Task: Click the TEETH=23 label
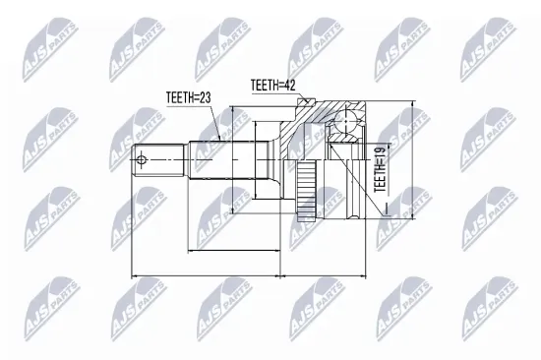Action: click(187, 96)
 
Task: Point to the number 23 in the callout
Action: click(206, 96)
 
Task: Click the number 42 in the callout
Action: click(289, 87)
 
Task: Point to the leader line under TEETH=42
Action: click(301, 96)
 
